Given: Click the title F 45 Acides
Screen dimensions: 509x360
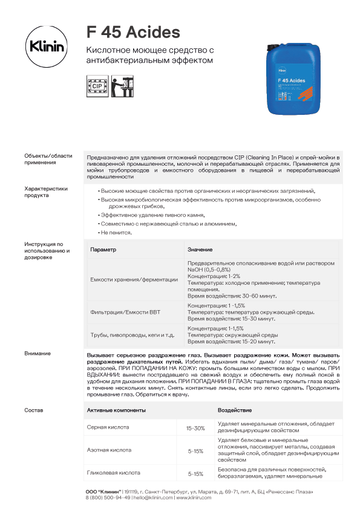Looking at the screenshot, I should click(133, 31).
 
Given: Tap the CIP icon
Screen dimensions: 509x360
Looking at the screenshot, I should click(96, 86).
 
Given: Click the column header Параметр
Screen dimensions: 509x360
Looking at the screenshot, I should click(103, 250).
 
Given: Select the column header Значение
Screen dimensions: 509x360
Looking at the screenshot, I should click(200, 250).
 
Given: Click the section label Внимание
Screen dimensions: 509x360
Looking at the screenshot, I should click(38, 354).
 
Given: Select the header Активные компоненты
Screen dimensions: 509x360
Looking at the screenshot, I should click(117, 410).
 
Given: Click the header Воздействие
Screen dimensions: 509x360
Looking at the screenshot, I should click(234, 410).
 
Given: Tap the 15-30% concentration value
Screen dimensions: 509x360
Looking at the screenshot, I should click(195, 428).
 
